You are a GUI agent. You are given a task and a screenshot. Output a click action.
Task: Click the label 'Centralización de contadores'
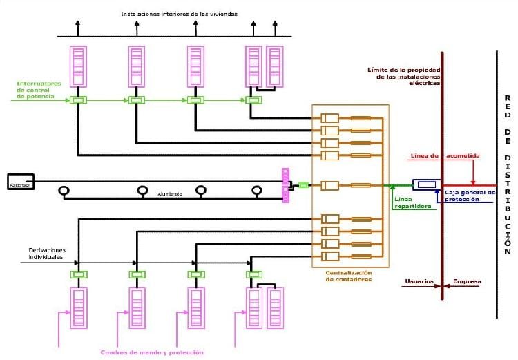(349, 276)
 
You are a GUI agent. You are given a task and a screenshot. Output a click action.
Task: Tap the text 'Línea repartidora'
(413, 202)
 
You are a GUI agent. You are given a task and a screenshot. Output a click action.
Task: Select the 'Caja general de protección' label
(470, 196)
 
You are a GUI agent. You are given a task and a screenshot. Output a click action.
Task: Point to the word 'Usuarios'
(419, 281)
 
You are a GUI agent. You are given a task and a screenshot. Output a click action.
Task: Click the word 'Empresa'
(466, 281)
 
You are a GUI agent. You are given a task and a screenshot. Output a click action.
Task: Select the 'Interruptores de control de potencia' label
(39, 91)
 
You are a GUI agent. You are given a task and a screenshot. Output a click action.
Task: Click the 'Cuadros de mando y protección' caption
(152, 352)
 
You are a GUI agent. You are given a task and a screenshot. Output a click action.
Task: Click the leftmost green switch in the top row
(78, 100)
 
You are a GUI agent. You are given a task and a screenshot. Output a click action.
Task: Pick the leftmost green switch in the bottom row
(78, 274)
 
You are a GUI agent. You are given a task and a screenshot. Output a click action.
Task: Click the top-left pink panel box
(78, 65)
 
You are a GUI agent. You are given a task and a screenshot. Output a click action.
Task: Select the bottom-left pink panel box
(78, 307)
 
